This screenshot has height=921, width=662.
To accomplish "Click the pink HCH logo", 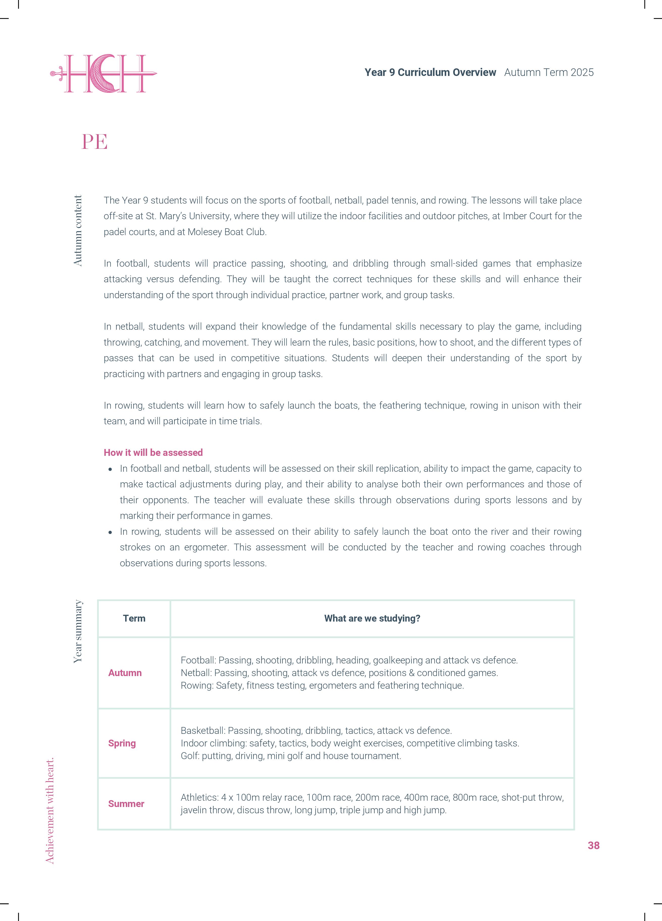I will coord(104,73).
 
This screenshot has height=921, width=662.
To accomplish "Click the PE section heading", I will coord(94,142).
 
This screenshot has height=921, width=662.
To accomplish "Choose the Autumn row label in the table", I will coord(125,673).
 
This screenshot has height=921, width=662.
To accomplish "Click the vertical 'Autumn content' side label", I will coord(78,231).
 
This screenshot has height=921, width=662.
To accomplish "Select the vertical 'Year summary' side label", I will coord(78,631).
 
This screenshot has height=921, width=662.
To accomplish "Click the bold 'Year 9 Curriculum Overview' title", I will coord(430,72).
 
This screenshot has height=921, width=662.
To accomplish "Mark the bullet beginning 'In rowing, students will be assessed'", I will coord(110,532).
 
